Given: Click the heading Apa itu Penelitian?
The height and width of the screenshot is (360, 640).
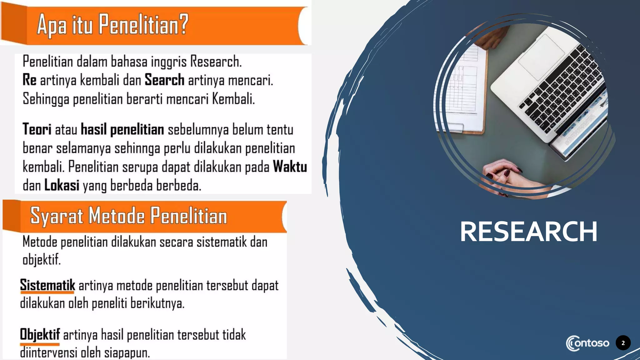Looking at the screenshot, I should [112, 24].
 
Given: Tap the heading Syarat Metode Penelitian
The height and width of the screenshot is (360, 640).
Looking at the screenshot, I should [128, 216].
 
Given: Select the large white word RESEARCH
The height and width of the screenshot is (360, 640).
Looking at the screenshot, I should [528, 232].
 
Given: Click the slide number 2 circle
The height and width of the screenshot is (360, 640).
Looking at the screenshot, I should [623, 343].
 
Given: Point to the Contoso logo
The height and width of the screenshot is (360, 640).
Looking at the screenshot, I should [587, 343].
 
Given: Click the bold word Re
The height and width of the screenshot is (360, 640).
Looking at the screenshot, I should [29, 80].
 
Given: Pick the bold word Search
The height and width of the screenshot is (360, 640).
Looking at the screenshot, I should [164, 80].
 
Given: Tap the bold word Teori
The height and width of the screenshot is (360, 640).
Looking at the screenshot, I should [37, 129].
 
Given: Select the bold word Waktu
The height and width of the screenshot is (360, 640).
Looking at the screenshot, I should [290, 167].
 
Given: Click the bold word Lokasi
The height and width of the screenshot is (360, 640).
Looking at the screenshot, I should [62, 185].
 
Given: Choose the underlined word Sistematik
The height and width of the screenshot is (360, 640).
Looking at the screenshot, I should [47, 285].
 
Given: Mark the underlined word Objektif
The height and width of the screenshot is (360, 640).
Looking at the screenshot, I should [40, 334].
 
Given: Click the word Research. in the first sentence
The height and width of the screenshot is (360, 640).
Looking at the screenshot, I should [216, 61].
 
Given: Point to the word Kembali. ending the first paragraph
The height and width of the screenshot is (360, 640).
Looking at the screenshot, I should [233, 99].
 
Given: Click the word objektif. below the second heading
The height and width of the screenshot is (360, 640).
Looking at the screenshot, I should [42, 259].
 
